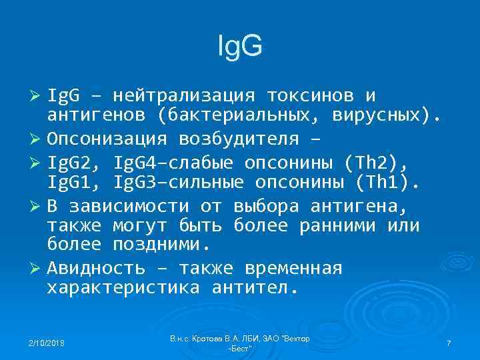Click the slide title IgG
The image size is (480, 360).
pyautogui.click(x=241, y=46)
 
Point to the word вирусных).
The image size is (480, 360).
pyautogui.click(x=387, y=117)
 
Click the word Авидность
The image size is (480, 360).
pyautogui.click(x=96, y=269)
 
